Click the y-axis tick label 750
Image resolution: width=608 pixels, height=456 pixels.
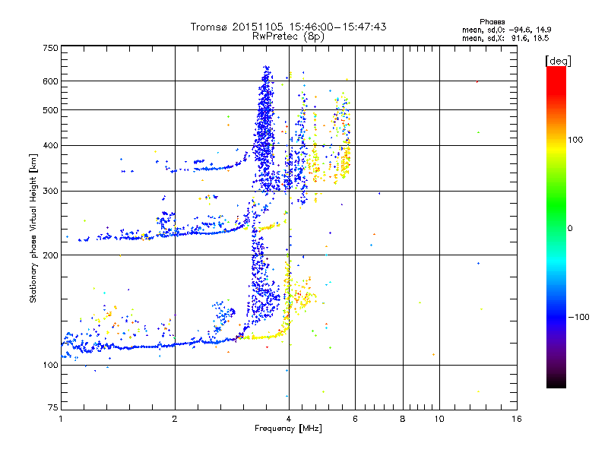click(51, 47)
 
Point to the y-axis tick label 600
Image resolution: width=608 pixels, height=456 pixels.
click(51, 81)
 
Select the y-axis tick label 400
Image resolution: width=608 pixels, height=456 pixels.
click(51, 145)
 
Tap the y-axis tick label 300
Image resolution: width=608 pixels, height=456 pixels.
click(51, 191)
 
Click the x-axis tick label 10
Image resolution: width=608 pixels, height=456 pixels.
click(439, 419)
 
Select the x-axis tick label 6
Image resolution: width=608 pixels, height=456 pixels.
click(355, 419)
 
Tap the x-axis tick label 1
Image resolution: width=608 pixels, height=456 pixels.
click(61, 419)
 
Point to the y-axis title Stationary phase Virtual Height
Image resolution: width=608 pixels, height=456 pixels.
click(33, 228)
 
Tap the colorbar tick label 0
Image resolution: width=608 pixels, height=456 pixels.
click(571, 228)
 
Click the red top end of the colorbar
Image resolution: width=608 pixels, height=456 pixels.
click(556, 70)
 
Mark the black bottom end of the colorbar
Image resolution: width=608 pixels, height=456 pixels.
click(556, 385)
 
